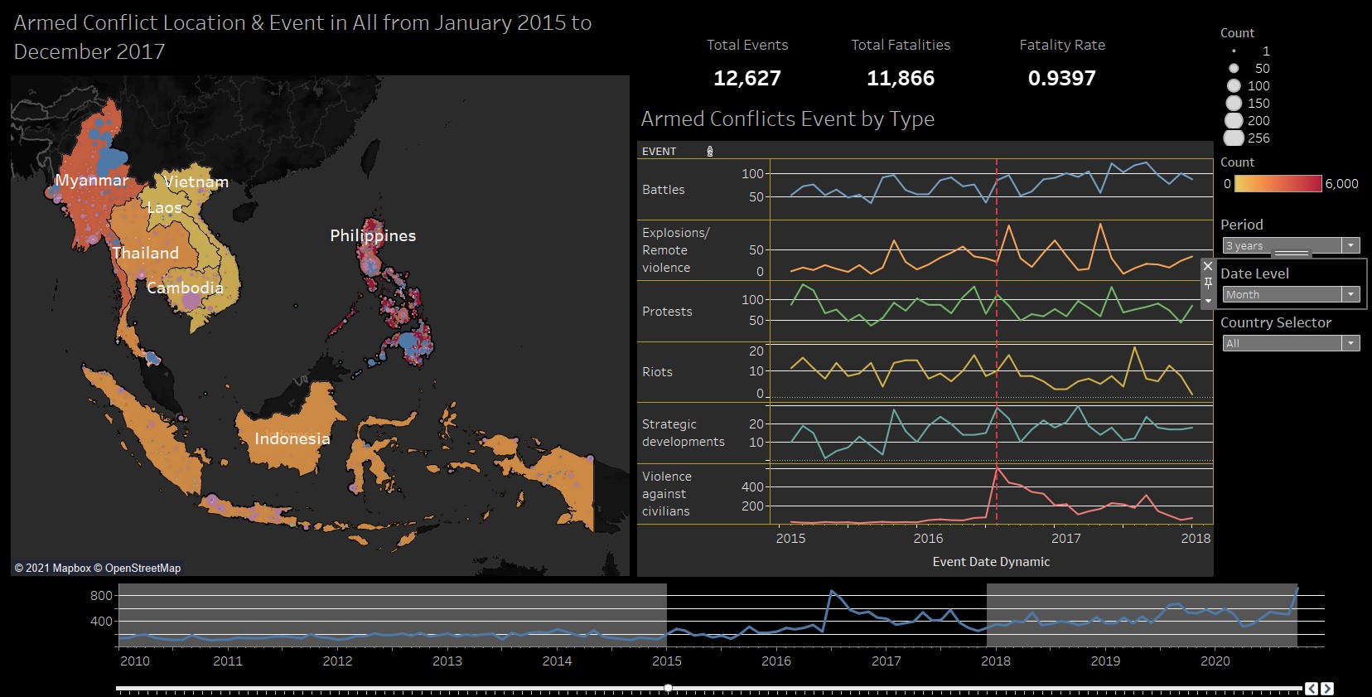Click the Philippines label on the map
pyautogui.click(x=373, y=235)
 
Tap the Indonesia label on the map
pyautogui.click(x=292, y=438)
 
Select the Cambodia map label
pyautogui.click(x=185, y=288)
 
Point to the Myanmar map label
pyautogui.click(x=91, y=180)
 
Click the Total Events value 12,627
pyautogui.click(x=746, y=78)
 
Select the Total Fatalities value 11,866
pyautogui.click(x=900, y=78)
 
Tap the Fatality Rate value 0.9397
pyautogui.click(x=1061, y=78)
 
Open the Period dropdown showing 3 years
pyautogui.click(x=1291, y=245)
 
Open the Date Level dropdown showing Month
pyautogui.click(x=1291, y=294)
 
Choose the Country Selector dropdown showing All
pyautogui.click(x=1291, y=343)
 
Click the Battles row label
pyautogui.click(x=663, y=190)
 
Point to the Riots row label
pyautogui.click(x=657, y=372)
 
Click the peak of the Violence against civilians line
pyautogui.click(x=997, y=469)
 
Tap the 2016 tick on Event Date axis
pyautogui.click(x=928, y=538)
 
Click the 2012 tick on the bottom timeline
pyautogui.click(x=337, y=661)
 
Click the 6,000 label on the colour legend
pyautogui.click(x=1341, y=184)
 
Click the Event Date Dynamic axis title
pyautogui.click(x=991, y=562)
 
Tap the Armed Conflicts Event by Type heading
pyautogui.click(x=787, y=119)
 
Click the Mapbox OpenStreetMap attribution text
pyautogui.click(x=97, y=568)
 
